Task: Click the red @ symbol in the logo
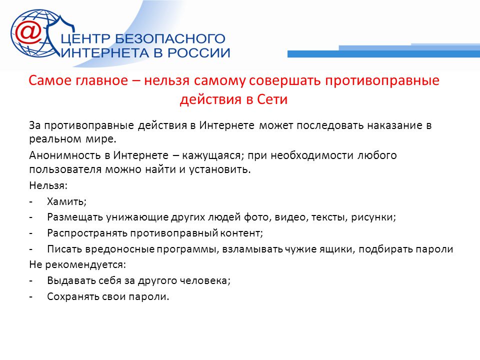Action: pyautogui.click(x=28, y=33)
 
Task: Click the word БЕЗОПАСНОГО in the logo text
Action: pyautogui.click(x=170, y=39)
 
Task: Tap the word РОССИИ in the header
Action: pyautogui.click(x=198, y=53)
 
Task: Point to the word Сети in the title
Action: pyautogui.click(x=272, y=99)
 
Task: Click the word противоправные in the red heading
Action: pyautogui.click(x=382, y=80)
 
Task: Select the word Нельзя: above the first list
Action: pyautogui.click(x=48, y=185)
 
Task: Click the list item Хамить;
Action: pyautogui.click(x=66, y=201)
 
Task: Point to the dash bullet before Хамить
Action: pyautogui.click(x=30, y=201)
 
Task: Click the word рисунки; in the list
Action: pyautogui.click(x=373, y=217)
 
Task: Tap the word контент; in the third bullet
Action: pyautogui.click(x=242, y=233)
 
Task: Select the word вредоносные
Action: pyautogui.click(x=120, y=249)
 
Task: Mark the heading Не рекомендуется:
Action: pyautogui.click(x=77, y=265)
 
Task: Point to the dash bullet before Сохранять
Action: pyautogui.click(x=30, y=297)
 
